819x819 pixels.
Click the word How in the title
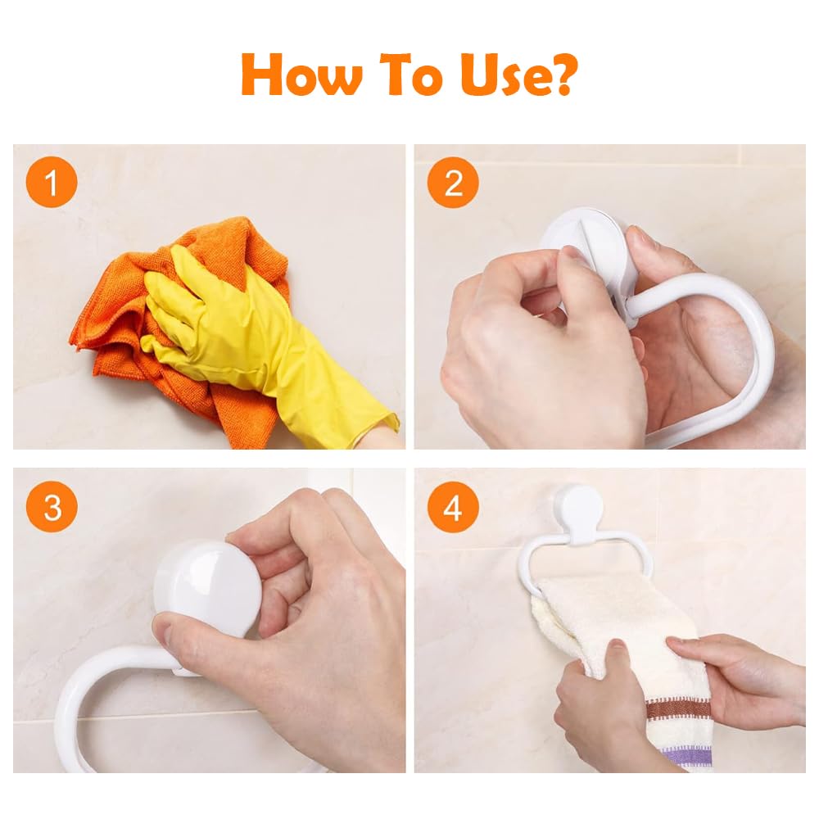pos(301,75)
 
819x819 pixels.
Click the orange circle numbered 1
pos(52,183)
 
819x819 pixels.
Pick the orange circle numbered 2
pos(453,183)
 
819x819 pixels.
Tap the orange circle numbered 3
pos(52,507)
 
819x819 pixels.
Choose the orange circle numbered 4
pos(453,507)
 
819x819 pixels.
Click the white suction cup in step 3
pos(207,587)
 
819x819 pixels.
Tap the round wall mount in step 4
pos(578,511)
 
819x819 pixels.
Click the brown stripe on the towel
pos(678,709)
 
